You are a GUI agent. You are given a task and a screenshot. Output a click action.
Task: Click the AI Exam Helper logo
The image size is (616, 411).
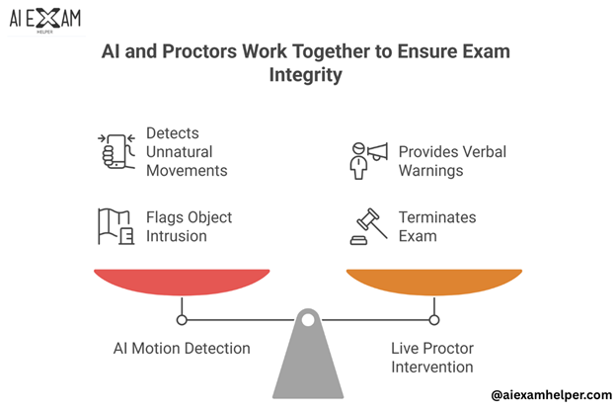pyautogui.click(x=45, y=22)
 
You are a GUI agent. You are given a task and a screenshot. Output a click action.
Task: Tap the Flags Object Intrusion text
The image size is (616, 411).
pyautogui.click(x=189, y=226)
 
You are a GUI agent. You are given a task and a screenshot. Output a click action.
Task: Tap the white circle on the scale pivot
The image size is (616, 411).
pyautogui.click(x=308, y=319)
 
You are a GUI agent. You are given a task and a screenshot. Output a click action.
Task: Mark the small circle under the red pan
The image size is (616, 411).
pyautogui.click(x=181, y=319)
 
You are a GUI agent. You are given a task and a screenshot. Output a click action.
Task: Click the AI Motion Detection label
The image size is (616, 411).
pyautogui.click(x=180, y=348)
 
